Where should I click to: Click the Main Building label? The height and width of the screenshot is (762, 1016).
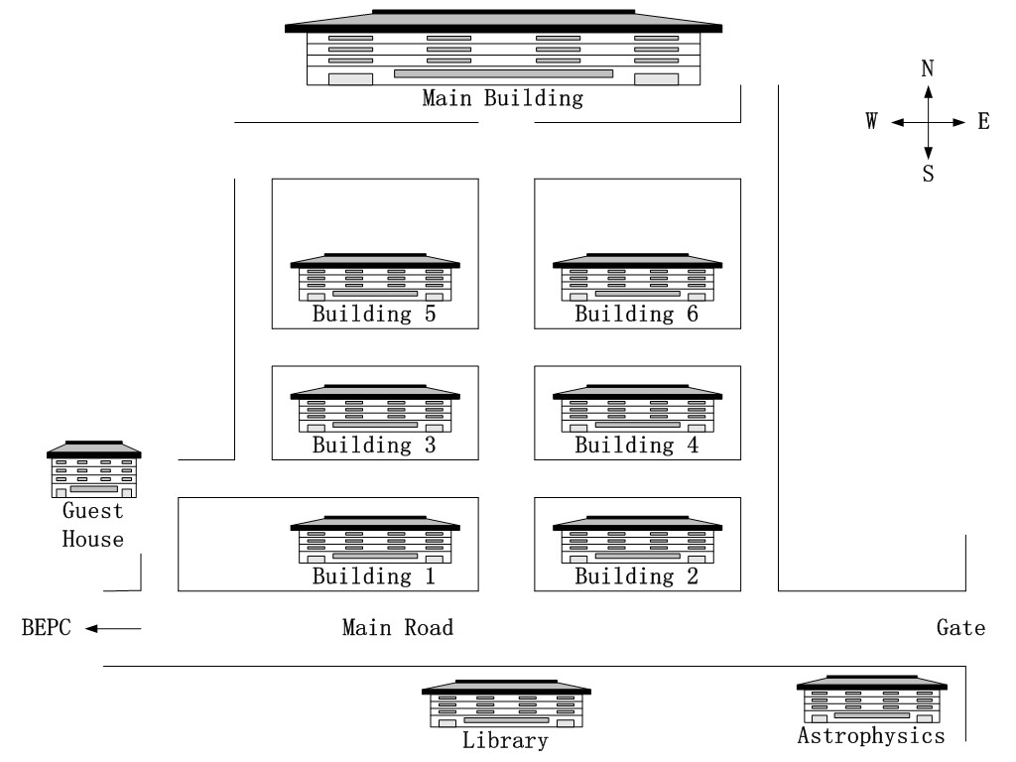(502, 98)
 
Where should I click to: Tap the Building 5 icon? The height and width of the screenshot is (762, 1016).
(375, 278)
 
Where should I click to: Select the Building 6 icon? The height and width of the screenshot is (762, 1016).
(638, 278)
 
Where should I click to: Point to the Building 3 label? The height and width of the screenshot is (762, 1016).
(374, 445)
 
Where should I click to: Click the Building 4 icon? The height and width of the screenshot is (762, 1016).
(638, 408)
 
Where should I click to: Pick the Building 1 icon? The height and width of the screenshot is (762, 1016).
(375, 540)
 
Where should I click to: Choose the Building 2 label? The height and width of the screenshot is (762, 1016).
(636, 576)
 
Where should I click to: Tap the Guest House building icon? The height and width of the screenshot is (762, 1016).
(94, 469)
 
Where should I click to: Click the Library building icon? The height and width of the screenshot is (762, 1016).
(506, 703)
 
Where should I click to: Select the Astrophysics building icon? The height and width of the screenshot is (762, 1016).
(871, 699)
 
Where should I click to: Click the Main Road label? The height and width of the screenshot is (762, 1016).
(398, 627)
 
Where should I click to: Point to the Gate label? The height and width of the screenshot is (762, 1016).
(960, 627)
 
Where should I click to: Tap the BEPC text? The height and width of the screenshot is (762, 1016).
(46, 627)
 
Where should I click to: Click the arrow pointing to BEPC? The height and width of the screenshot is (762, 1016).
(113, 628)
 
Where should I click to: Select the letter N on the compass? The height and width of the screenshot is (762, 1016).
(928, 68)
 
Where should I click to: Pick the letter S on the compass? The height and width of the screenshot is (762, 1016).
(929, 174)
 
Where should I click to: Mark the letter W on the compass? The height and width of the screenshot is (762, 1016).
(871, 121)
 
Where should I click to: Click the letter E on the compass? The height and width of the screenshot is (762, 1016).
(983, 121)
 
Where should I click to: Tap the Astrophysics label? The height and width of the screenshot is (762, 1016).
(871, 736)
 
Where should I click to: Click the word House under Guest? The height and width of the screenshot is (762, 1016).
(92, 539)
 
